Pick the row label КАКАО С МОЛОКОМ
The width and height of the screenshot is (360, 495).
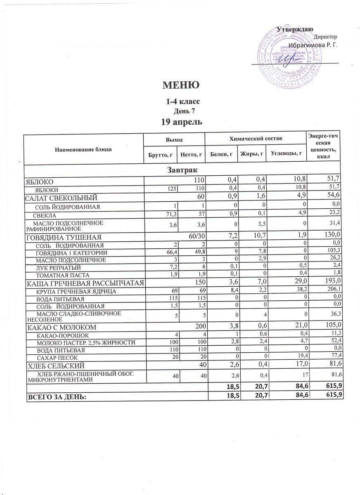tap(62, 328)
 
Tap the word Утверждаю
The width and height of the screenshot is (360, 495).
tap(295, 29)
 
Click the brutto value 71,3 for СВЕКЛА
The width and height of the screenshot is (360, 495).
tap(169, 215)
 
